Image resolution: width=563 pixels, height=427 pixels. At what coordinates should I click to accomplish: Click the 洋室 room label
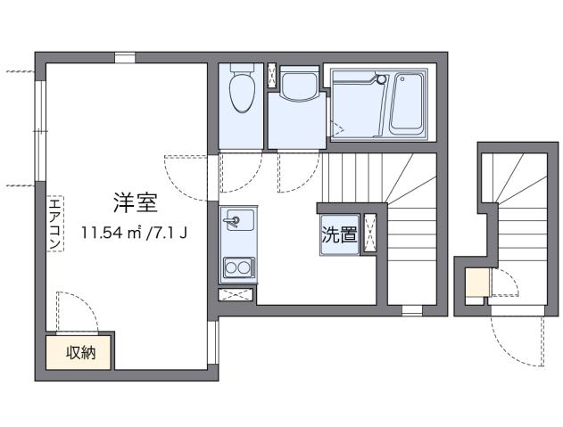coord(136,203)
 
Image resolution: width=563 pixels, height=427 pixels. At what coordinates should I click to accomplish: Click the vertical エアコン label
coord(54,224)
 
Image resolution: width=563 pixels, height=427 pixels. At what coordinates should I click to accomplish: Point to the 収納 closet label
coord(81,353)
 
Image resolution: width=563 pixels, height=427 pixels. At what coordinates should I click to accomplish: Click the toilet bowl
coord(241,93)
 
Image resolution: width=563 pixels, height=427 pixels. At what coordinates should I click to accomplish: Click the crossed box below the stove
coord(236,294)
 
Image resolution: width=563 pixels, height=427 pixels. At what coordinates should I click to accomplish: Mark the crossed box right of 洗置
coord(370,235)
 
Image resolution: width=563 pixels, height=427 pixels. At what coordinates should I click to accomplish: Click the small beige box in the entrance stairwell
coord(476,283)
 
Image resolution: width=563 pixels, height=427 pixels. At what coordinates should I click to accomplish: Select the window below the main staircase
coord(411,310)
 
